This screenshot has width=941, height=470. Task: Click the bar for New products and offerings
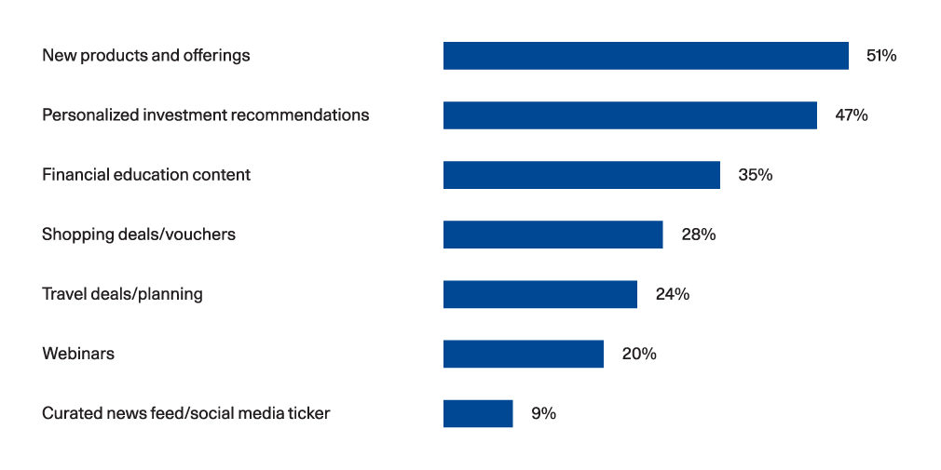point(646,56)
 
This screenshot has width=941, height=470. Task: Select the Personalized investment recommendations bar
point(630,115)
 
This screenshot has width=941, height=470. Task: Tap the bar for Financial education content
point(581,175)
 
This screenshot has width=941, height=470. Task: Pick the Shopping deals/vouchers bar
point(553,235)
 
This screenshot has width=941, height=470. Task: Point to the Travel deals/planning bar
point(540,294)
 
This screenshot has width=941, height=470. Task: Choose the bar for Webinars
point(524,354)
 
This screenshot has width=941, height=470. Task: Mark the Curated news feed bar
point(478,413)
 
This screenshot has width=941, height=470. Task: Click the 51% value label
point(881,56)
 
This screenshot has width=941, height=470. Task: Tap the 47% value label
point(851,115)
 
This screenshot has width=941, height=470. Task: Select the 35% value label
point(755,175)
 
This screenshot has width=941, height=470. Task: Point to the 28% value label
point(699,235)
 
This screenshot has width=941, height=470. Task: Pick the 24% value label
point(672,294)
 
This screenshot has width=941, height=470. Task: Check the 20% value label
point(639,354)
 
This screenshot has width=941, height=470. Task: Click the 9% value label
point(544,413)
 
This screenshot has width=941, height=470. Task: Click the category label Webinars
point(78,354)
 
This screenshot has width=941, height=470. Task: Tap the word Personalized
point(90,115)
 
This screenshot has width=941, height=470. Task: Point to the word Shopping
point(76,235)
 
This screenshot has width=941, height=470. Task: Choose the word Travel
point(61,294)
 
